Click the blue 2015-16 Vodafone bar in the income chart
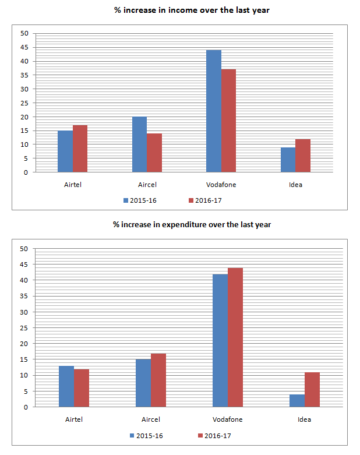[x=214, y=111]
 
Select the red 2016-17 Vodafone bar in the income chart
[x=228, y=121]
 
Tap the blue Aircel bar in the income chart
[x=139, y=144]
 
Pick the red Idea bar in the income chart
[x=303, y=156]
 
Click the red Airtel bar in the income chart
[x=80, y=149]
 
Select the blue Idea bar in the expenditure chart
[x=297, y=401]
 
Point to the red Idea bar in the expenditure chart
[x=312, y=390]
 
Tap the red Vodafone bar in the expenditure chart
[x=235, y=337]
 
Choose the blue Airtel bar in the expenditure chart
[x=67, y=386]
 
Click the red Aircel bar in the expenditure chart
[x=158, y=380]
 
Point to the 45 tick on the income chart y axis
[x=24, y=61]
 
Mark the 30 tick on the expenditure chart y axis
[x=24, y=312]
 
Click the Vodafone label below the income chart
[x=221, y=185]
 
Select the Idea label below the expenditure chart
[x=304, y=419]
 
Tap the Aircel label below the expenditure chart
[x=151, y=419]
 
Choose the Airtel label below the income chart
[x=73, y=185]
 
